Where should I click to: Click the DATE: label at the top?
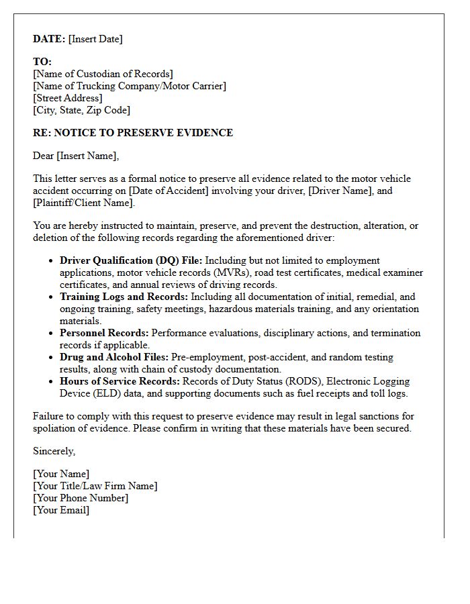coord(49,39)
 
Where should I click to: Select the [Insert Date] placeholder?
coord(95,39)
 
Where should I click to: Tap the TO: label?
coord(42,62)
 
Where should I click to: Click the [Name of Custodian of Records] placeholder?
coord(103,74)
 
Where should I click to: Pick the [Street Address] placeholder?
coord(68,98)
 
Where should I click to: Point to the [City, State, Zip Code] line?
coord(81,110)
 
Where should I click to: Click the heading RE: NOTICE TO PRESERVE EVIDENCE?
coord(133,133)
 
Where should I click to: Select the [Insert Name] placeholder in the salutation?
coord(87,156)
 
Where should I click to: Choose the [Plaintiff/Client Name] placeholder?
coord(83,203)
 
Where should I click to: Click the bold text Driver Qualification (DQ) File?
coord(131,260)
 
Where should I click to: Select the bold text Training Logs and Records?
coord(124,297)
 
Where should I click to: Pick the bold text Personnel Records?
coord(104,333)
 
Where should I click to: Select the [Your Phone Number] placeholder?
coord(81,498)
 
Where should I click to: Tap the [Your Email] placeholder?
coord(61,510)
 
